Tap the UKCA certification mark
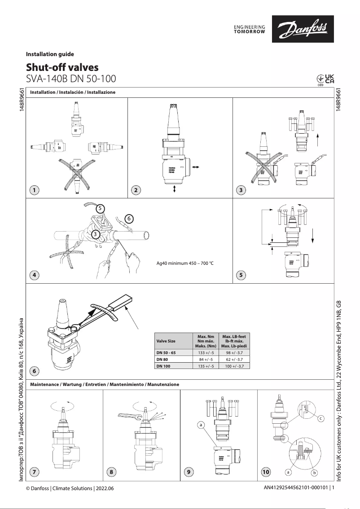click(325, 78)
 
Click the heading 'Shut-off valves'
click(62, 67)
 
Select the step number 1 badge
click(34, 190)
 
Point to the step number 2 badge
click(135, 190)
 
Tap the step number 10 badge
click(265, 472)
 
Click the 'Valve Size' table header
click(166, 341)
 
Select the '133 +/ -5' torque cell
click(206, 353)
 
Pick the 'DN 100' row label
click(162, 366)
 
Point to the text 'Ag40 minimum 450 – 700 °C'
click(181, 263)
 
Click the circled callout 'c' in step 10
click(321, 419)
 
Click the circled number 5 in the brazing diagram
click(101, 208)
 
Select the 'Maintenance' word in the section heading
click(44, 385)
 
